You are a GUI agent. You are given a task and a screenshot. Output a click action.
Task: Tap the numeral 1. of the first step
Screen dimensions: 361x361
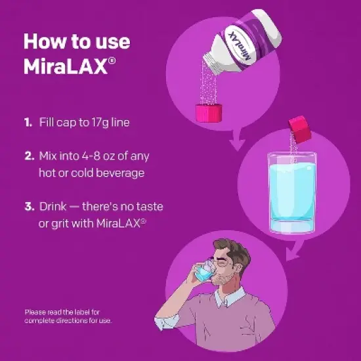click(x=28, y=122)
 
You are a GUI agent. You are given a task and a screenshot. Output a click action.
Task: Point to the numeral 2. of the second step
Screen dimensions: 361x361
click(x=29, y=156)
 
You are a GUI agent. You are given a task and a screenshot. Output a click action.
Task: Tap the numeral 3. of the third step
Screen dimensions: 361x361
click(x=29, y=207)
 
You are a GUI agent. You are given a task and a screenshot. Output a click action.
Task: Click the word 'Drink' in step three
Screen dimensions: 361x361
click(x=54, y=207)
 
